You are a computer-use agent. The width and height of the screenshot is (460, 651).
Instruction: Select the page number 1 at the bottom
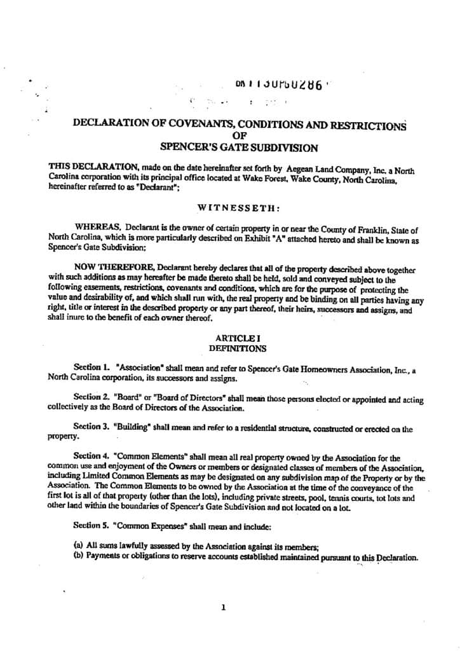click(223, 607)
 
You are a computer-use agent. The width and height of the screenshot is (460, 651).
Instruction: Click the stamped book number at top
click(280, 86)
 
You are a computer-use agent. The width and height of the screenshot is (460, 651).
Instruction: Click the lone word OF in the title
click(239, 135)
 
